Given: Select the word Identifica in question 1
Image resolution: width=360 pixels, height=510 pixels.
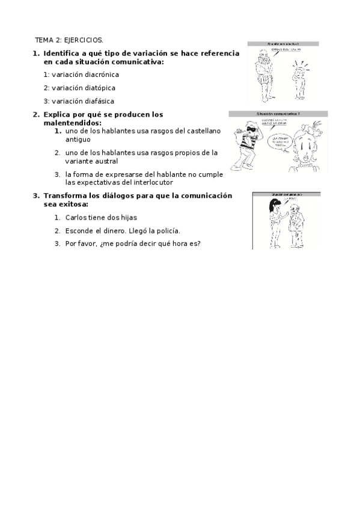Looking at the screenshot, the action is coord(62,54).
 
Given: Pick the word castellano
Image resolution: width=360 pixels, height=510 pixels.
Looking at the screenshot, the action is coord(201,131).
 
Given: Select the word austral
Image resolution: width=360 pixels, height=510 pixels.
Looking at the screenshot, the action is coord(106,161).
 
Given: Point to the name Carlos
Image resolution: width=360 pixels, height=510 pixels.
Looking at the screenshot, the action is coord(76,217).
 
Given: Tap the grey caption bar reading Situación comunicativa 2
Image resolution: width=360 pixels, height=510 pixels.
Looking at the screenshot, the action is coord(278,113).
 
